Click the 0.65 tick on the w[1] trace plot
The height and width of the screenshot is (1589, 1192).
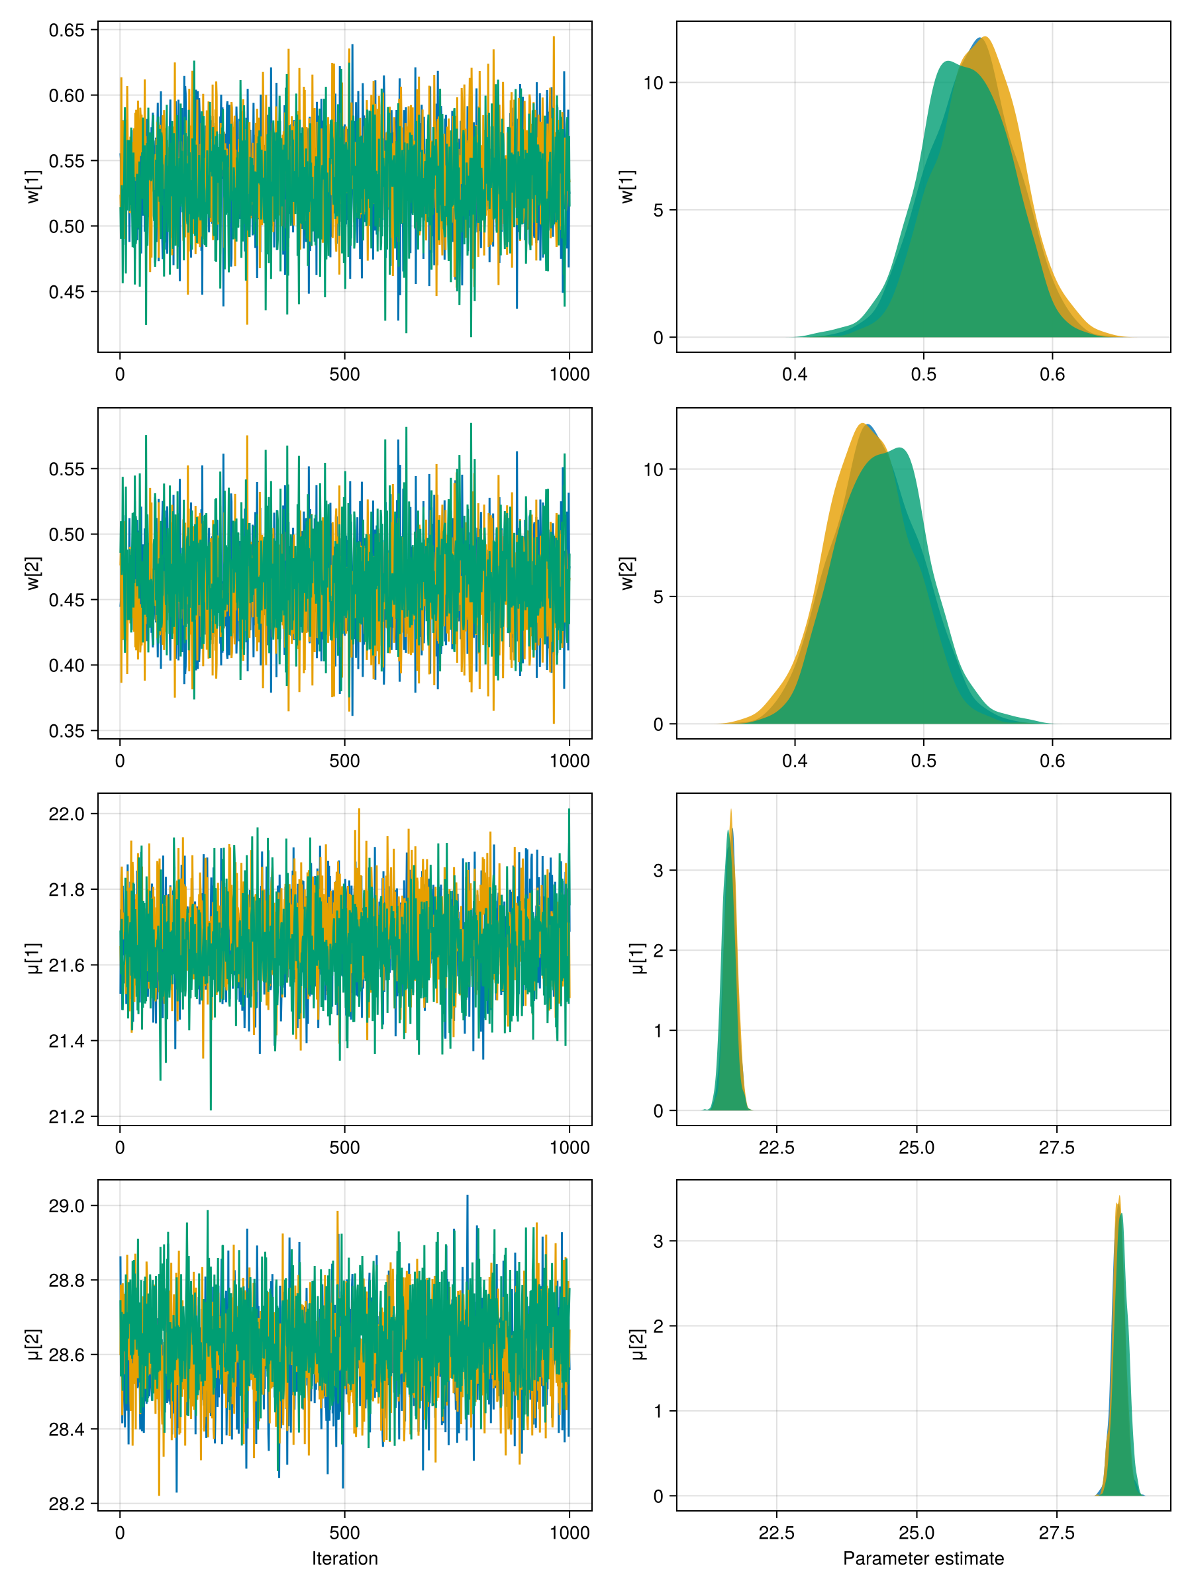point(67,30)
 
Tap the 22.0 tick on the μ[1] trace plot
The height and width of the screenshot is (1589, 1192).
point(67,814)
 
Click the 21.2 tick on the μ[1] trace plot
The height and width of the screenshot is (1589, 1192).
point(67,1116)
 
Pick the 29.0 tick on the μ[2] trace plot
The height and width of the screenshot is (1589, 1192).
point(67,1206)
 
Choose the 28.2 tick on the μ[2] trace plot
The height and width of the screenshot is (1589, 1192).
point(67,1504)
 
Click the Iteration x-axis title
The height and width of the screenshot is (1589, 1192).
point(344,1558)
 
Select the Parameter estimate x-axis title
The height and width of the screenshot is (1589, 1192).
point(923,1558)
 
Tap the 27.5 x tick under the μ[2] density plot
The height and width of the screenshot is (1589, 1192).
point(1056,1533)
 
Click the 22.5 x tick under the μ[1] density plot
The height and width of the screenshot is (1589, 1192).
point(776,1147)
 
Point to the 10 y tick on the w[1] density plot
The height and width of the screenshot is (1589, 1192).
point(653,83)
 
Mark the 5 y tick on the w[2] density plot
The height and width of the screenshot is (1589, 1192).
point(658,597)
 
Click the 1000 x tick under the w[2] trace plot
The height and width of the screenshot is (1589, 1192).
point(569,761)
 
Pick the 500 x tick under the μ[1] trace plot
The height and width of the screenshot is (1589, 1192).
point(344,1147)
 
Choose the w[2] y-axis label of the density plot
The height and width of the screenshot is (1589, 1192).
point(627,573)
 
